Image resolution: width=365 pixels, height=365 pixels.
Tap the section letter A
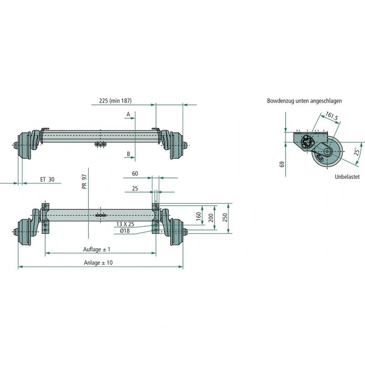pos(129,113)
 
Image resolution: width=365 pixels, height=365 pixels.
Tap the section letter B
pos(129,154)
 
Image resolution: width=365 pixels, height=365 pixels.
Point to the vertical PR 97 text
pos(84,181)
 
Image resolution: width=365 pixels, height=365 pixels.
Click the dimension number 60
pos(135,174)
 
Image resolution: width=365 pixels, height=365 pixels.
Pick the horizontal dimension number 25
pos(135,188)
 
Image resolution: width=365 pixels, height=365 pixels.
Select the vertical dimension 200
pos(211,218)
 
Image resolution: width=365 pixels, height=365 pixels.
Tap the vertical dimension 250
pos(225,218)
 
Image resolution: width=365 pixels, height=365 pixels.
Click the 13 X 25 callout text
pos(126,224)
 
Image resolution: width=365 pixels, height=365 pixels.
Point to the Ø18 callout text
pos(125,231)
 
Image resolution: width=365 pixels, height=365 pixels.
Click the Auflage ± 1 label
pos(96,249)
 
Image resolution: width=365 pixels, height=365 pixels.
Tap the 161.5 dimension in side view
pos(332,118)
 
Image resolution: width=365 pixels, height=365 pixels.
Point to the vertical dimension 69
pos(282,164)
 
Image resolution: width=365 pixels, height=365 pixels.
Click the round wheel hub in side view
pos(327,151)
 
